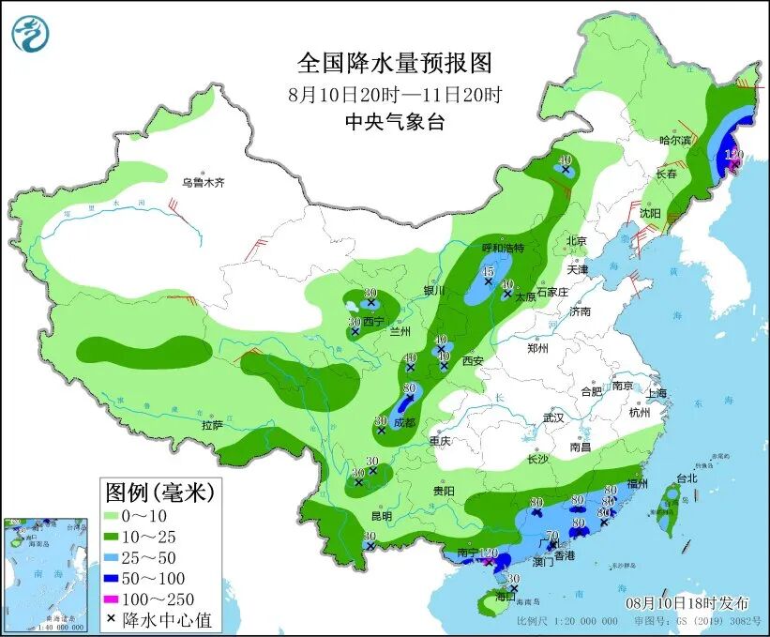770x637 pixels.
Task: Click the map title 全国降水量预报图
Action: point(394,63)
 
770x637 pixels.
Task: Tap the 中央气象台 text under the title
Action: point(394,121)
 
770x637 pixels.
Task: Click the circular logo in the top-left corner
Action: point(29,33)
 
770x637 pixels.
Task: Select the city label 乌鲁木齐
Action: point(204,182)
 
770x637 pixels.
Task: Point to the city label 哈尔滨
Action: point(674,140)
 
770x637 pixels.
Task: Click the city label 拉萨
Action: point(212,425)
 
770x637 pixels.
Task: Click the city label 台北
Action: point(687,478)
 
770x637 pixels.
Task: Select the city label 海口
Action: point(506,597)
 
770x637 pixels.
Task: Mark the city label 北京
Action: point(576,241)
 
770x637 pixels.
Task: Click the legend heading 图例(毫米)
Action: point(159,491)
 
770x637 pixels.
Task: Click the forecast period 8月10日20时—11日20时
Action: point(394,94)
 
